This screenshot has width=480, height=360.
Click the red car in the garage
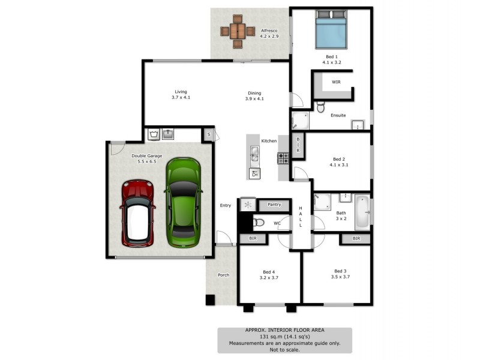(x=138, y=213)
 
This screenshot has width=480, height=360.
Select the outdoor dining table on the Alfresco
(x=237, y=31)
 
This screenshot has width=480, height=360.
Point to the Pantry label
(x=275, y=205)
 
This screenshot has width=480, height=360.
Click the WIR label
(x=336, y=82)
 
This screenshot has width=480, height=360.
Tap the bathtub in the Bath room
(x=362, y=212)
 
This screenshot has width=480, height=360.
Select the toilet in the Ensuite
(x=320, y=107)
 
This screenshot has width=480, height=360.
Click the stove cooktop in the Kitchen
(x=283, y=158)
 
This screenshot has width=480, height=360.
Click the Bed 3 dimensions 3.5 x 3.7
(x=340, y=277)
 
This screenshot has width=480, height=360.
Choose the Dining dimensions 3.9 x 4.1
(x=254, y=98)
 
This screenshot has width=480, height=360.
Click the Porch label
(x=223, y=275)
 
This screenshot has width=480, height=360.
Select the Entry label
(x=225, y=206)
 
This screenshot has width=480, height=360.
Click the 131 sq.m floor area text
(x=284, y=337)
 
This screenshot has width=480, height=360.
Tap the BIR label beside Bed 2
(x=298, y=146)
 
